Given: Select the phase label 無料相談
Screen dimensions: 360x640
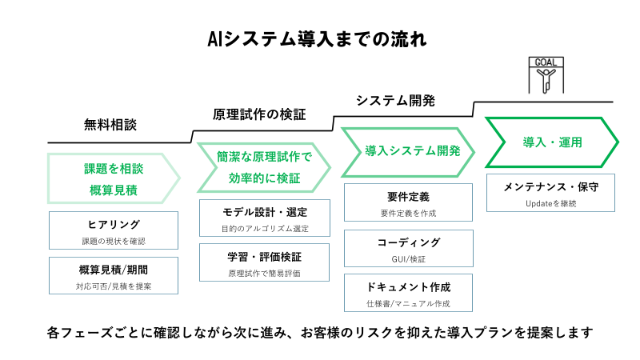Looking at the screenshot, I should tap(110, 125).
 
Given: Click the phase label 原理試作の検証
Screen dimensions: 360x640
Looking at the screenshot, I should tap(259, 114).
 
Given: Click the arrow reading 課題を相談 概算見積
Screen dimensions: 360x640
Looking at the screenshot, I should tap(113, 178).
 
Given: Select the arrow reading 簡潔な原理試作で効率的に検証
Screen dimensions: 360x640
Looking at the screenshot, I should tap(263, 167).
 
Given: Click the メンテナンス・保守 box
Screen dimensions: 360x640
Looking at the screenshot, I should tap(550, 193).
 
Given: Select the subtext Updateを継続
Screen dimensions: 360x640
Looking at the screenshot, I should tap(550, 204).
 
